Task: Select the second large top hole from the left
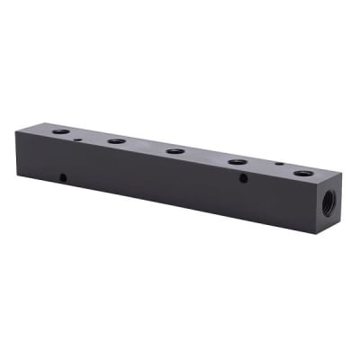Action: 116,141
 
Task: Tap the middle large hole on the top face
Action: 175,151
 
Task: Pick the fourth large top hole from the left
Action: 238,162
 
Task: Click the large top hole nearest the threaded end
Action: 305,172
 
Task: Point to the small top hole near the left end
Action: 80,139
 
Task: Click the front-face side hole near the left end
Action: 63,176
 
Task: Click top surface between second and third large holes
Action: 146,147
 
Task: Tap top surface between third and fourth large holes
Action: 207,157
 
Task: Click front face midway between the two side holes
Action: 153,179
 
